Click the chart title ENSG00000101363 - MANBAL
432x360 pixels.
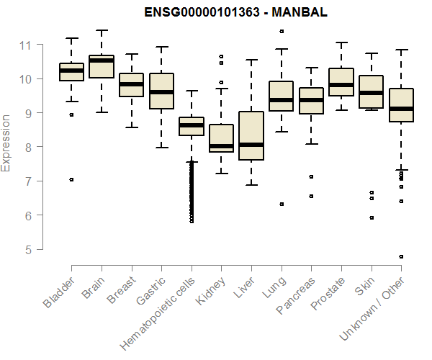[215, 13]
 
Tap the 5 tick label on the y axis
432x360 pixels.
[30, 249]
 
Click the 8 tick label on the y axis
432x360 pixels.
[30, 147]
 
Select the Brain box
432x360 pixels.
[102, 66]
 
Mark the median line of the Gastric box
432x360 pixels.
[161, 92]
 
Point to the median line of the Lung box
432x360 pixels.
[281, 100]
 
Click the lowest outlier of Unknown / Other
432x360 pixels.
[401, 256]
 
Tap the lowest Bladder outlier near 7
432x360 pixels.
[71, 179]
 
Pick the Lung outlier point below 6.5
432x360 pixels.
[282, 204]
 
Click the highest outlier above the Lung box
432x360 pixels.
[282, 31]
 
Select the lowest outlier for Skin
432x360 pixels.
[372, 217]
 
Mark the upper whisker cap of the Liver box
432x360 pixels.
[251, 60]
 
